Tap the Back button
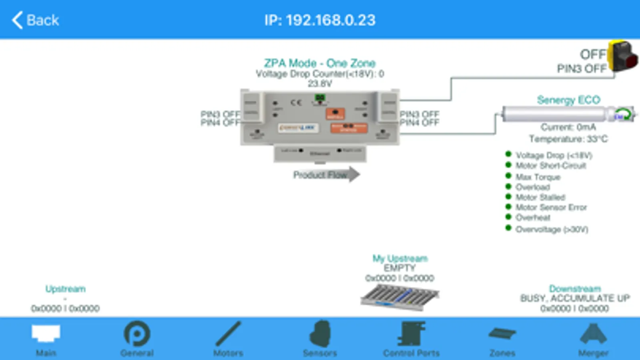click(35, 20)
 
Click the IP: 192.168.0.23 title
click(320, 20)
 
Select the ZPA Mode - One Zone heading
click(319, 63)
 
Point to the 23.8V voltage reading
click(319, 84)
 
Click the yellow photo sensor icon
click(622, 56)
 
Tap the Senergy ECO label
click(568, 100)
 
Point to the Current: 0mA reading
click(568, 127)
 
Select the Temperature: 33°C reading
click(568, 139)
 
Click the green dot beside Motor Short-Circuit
click(508, 164)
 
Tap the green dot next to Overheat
click(508, 217)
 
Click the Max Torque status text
click(538, 177)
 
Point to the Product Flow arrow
click(326, 175)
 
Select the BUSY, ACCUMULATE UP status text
click(575, 298)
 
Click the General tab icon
click(137, 334)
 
